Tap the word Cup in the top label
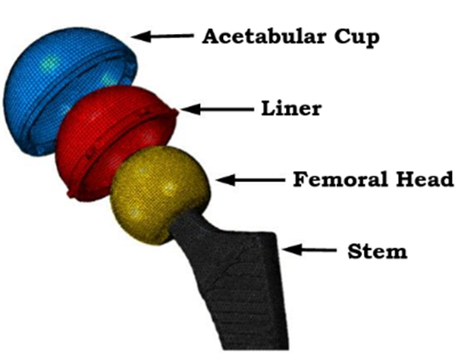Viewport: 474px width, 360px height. click(x=357, y=38)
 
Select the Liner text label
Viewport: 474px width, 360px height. click(x=291, y=108)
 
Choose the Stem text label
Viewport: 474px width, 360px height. click(x=377, y=252)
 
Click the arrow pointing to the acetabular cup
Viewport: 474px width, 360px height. click(x=162, y=36)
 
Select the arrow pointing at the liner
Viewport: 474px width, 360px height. click(x=216, y=109)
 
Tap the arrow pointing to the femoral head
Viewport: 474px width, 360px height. click(x=250, y=180)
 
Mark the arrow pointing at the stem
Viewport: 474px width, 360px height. click(x=309, y=250)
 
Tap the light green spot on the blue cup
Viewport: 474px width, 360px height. click(x=49, y=63)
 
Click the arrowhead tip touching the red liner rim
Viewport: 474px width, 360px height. click(x=180, y=109)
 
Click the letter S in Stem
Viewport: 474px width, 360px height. click(x=354, y=252)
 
